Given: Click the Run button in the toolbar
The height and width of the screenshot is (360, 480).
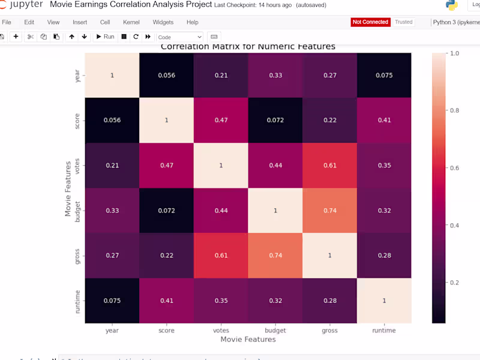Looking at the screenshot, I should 105,37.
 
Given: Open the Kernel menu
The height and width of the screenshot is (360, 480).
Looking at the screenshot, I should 131,22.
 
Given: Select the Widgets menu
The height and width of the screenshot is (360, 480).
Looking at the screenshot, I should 163,22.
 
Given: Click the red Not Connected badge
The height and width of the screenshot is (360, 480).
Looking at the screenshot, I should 370,22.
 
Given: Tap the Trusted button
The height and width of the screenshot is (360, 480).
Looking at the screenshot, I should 404,22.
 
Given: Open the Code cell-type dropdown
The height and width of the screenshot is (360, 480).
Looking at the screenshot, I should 179,37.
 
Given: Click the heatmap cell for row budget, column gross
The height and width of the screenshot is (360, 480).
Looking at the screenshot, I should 329,211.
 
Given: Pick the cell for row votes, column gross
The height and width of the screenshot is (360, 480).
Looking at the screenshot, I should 329,166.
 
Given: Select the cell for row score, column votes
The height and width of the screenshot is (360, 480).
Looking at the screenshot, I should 221,120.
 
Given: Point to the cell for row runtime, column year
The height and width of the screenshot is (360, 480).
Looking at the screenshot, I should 112,301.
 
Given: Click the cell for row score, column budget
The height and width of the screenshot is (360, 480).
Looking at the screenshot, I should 275,120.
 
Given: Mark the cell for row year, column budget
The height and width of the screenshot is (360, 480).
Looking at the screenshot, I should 275,75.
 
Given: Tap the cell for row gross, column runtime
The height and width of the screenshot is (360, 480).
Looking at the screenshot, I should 384,256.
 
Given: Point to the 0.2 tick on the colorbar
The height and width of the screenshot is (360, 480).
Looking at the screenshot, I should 454,282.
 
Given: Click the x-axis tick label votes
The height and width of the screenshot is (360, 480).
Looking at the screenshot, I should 221,331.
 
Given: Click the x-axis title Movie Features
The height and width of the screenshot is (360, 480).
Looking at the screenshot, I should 248,340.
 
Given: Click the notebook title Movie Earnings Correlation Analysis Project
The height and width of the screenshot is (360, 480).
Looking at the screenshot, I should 131,5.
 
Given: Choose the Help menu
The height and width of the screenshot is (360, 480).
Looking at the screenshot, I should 192,22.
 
